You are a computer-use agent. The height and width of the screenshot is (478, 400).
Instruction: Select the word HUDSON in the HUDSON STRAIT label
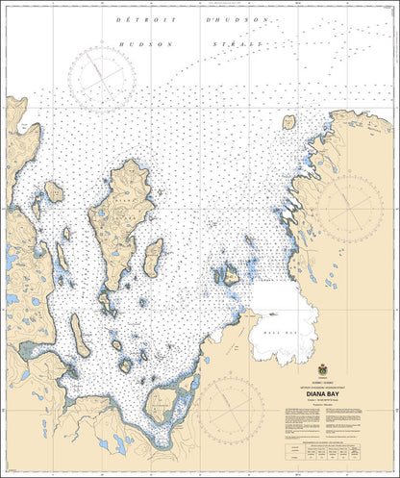pos(136,44)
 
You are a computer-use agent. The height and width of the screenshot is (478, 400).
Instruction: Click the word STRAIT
pos(237,44)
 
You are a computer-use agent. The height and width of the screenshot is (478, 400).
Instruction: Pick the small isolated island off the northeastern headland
pos(287,122)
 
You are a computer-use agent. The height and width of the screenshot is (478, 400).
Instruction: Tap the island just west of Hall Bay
pos(230,277)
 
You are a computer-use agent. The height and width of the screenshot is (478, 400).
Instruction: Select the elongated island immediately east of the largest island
pos(152,257)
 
